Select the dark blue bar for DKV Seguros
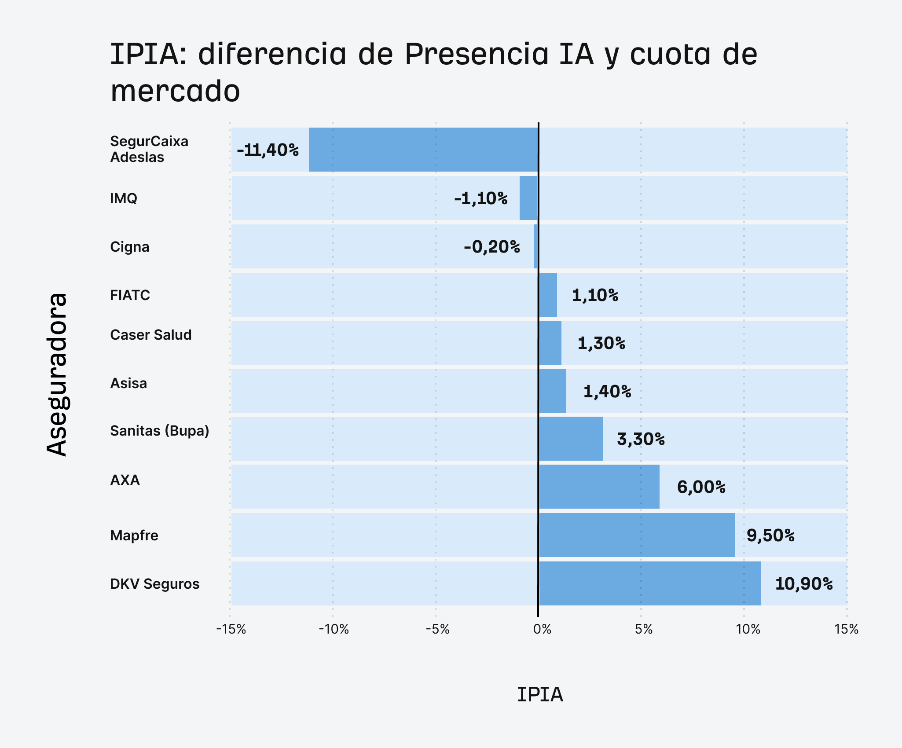[649, 583]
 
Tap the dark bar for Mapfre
[637, 535]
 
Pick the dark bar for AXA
[599, 487]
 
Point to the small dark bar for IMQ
[528, 198]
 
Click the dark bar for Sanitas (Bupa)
[571, 439]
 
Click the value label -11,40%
[268, 150]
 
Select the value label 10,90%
[803, 584]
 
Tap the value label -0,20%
[491, 247]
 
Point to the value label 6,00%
[701, 487]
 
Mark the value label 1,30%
[601, 343]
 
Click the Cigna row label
[129, 247]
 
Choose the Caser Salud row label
[150, 335]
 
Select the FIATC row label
[130, 295]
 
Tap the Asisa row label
[128, 383]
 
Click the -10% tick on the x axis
[334, 629]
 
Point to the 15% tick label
[846, 629]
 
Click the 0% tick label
[542, 629]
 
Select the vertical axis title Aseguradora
[57, 374]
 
